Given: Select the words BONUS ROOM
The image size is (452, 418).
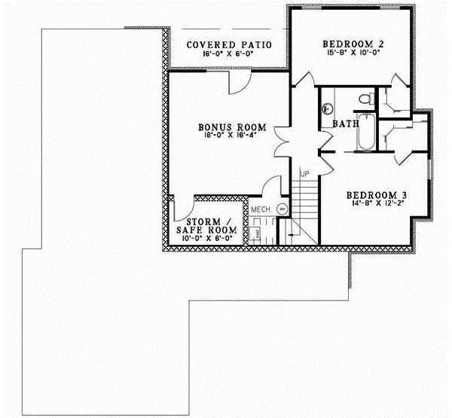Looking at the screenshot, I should (223, 127).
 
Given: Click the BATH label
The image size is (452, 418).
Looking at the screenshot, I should (345, 124).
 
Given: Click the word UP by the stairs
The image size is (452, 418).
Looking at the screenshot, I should (304, 175).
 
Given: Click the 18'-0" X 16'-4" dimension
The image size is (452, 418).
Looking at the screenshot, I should (223, 136).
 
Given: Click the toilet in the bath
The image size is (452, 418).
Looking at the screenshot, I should (365, 99).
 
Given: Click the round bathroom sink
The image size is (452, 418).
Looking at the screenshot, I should (328, 106).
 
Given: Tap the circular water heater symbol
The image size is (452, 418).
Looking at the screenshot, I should (282, 208).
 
